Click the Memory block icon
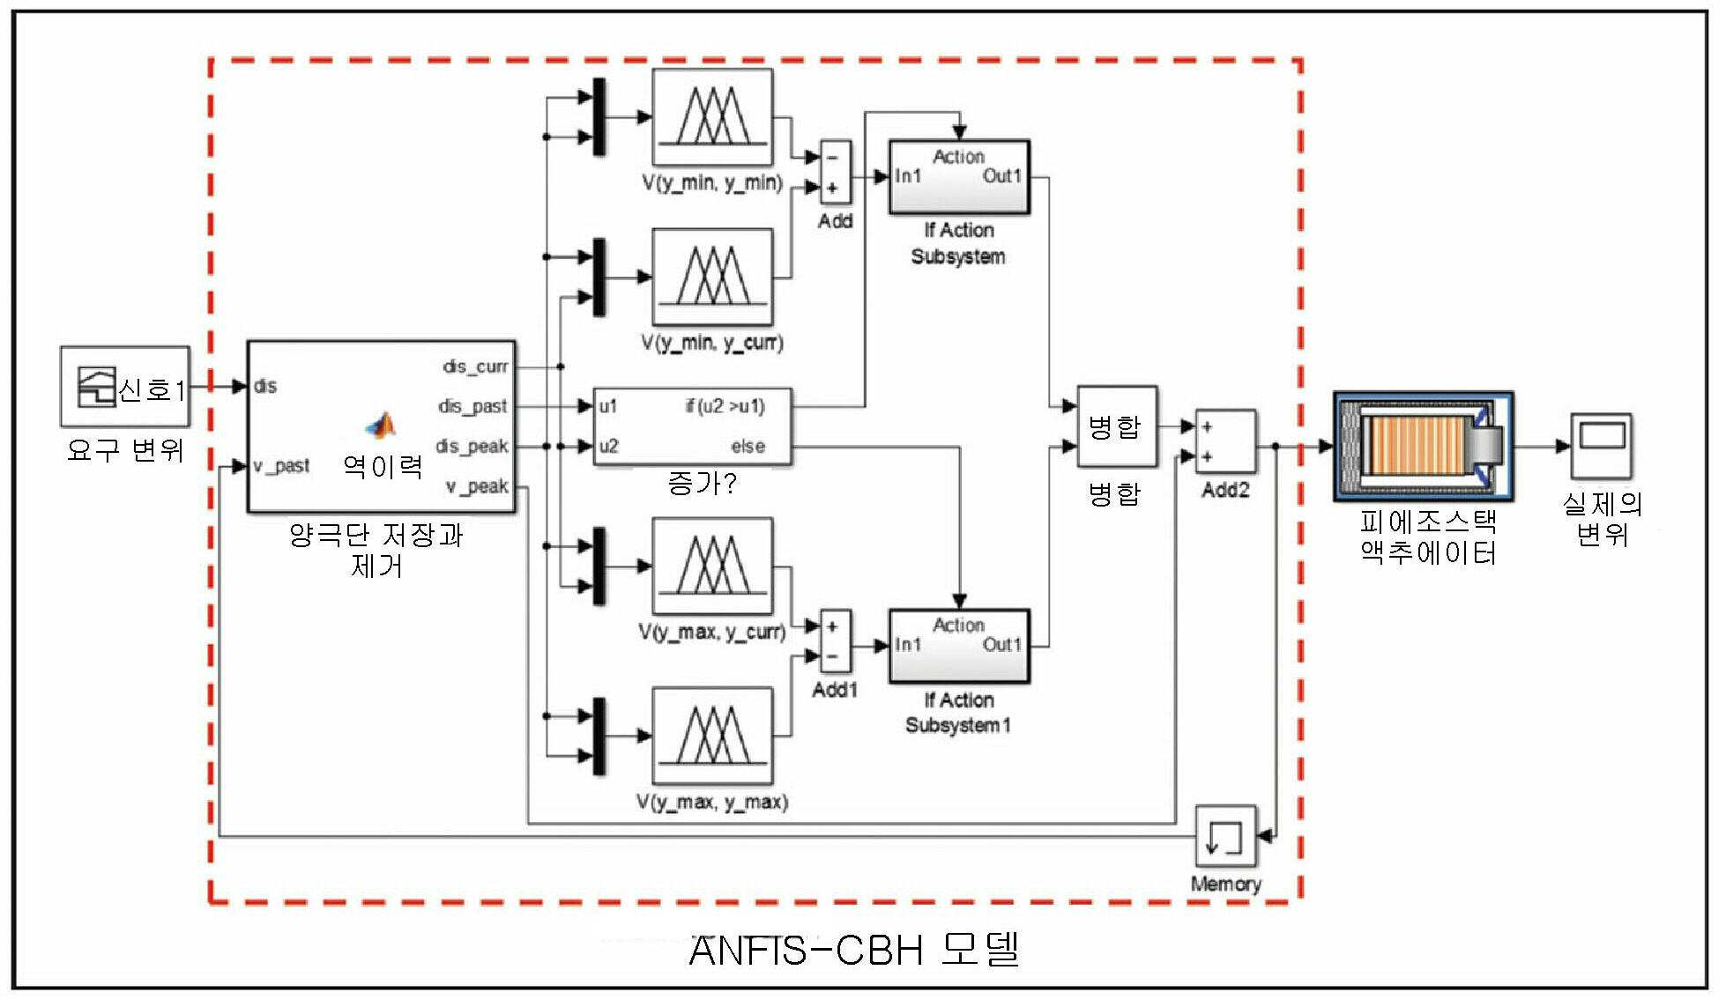[1225, 836]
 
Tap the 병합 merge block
[1117, 426]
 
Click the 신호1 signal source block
[125, 386]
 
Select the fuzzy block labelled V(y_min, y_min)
[712, 117]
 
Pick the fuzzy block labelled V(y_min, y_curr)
[712, 277]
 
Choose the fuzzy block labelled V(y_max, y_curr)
[712, 566]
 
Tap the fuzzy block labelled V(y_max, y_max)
[712, 737]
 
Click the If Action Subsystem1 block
[959, 646]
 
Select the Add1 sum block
[835, 642]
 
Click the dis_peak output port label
[472, 446]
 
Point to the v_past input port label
[281, 466]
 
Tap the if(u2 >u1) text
[725, 406]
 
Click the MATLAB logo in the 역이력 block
[381, 426]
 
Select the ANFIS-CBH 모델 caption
[853, 951]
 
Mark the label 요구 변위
[125, 451]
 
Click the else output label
[748, 447]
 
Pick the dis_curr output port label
[476, 367]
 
